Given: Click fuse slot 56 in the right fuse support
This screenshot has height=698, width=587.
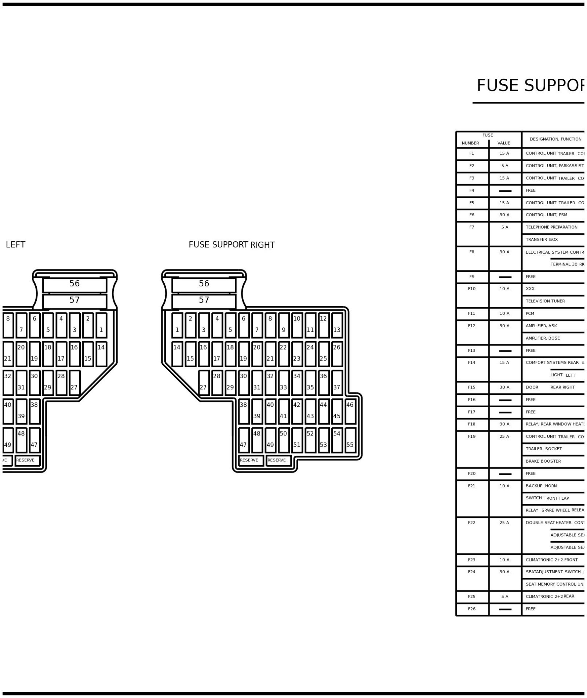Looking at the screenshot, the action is pos(204,284).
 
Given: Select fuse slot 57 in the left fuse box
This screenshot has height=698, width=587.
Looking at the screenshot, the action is pos(74,301).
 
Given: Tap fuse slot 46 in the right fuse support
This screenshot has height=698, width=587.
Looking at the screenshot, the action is pos(350,411).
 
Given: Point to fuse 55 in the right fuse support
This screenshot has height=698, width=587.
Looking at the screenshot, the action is pos(350,440).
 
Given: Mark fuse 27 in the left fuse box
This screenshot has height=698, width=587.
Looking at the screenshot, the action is pos(74,382).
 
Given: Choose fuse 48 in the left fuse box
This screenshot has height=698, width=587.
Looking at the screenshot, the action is pos(21,440).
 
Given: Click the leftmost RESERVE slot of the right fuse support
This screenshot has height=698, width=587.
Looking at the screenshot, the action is pos(250,460).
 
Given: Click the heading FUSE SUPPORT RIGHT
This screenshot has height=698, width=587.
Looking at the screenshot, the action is pos(231,245).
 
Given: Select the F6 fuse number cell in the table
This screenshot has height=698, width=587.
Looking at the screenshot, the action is pos(472,215).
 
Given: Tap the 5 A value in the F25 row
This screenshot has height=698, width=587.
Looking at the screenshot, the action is pos(505,597).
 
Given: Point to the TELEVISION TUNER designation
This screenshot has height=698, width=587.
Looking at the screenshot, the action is pos(545,301).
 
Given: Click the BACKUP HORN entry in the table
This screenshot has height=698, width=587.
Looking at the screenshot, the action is pos(541,486).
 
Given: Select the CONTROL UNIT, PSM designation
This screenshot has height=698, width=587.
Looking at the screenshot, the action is pos(546,215).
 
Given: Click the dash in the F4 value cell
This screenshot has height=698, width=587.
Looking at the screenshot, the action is pos(505,191).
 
